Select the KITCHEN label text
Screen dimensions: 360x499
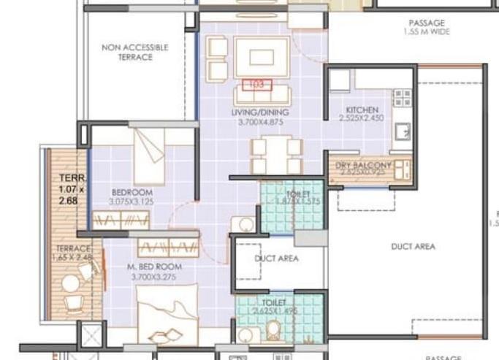[362, 112]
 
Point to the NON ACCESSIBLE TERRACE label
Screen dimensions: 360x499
[134, 52]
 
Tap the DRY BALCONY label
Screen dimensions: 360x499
[363, 166]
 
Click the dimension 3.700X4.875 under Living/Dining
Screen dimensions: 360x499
[260, 122]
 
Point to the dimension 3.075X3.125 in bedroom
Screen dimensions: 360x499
[131, 202]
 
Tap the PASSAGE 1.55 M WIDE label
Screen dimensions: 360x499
[427, 28]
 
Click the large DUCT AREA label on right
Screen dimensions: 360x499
[413, 247]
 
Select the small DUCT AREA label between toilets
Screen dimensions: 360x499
[276, 258]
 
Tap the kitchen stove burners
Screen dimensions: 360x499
[401, 98]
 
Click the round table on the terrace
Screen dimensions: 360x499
[69, 283]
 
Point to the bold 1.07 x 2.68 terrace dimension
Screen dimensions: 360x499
[72, 189]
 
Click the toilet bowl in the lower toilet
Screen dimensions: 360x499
[274, 331]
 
